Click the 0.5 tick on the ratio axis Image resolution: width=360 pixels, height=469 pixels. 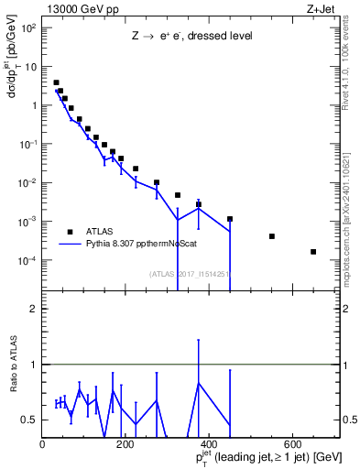click(x=30, y=420)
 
